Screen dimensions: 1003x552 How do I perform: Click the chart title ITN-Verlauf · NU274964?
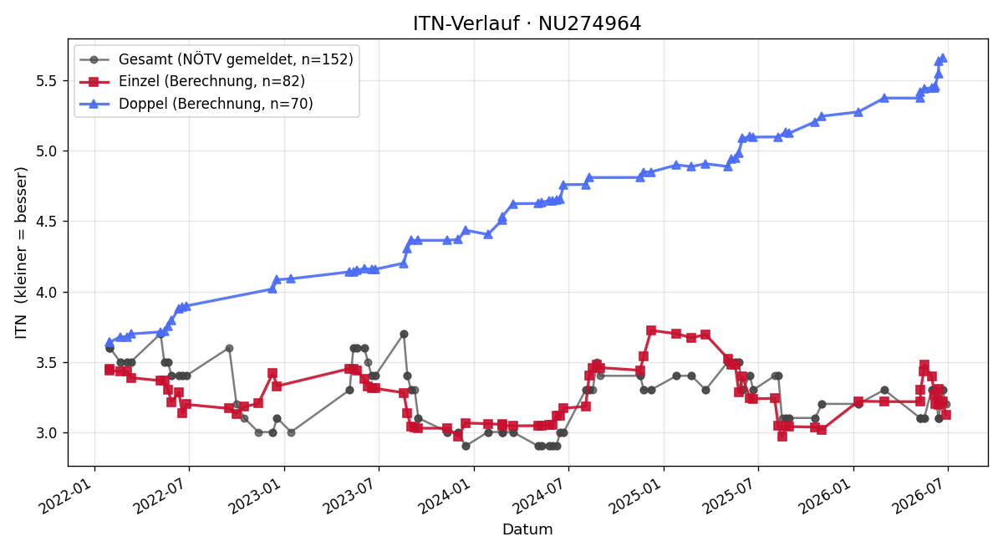(527, 23)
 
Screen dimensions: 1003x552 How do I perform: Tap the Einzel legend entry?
(192, 81)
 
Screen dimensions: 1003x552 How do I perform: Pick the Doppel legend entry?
(196, 104)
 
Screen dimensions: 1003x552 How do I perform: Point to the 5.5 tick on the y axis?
(47, 81)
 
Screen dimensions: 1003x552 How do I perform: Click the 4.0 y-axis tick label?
(47, 292)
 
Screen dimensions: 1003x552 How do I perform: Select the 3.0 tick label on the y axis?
(47, 433)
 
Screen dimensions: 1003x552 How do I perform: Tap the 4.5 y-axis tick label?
(47, 222)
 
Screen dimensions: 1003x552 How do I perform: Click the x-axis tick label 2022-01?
(68, 498)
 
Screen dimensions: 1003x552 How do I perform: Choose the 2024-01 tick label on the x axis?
(447, 498)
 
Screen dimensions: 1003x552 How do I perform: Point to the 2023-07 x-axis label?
(353, 498)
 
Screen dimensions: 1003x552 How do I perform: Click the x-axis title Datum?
(527, 529)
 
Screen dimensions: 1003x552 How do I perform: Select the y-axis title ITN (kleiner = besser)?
(21, 253)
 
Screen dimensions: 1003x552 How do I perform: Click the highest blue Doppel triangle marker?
(943, 59)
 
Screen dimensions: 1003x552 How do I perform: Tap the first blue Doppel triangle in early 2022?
(109, 342)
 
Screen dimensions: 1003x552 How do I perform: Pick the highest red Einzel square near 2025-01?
(651, 330)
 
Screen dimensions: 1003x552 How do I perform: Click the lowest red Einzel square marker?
(782, 436)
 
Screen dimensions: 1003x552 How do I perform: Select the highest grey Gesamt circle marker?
(404, 334)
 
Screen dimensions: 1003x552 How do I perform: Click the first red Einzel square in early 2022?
(109, 369)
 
